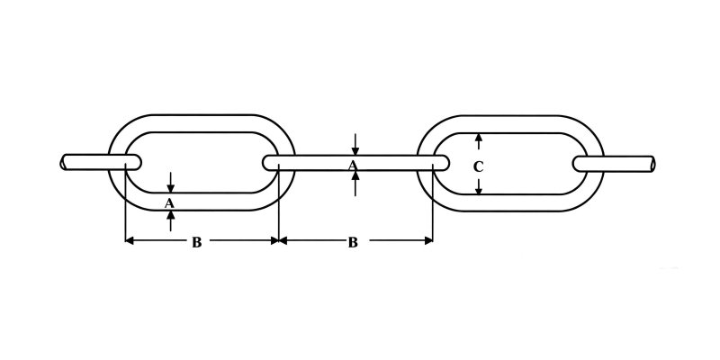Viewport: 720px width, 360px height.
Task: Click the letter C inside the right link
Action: pyautogui.click(x=479, y=167)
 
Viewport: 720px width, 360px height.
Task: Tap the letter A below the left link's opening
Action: pyautogui.click(x=169, y=203)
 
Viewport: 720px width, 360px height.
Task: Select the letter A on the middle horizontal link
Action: pyautogui.click(x=352, y=166)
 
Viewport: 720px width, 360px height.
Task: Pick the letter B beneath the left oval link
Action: pyautogui.click(x=196, y=242)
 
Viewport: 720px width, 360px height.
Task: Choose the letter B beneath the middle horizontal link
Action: pyautogui.click(x=353, y=242)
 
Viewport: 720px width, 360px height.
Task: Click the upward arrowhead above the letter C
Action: pyautogui.click(x=479, y=138)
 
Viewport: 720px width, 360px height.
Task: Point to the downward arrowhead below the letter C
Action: pyautogui.click(x=479, y=190)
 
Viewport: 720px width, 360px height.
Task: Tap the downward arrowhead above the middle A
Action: pyautogui.click(x=355, y=151)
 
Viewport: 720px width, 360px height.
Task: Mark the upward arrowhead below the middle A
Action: pyautogui.click(x=355, y=175)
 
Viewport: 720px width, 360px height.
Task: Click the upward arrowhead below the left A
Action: pyautogui.click(x=170, y=215)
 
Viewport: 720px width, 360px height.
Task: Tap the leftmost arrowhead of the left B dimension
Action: pyautogui.click(x=130, y=240)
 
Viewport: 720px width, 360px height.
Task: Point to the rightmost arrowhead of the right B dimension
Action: pyautogui.click(x=428, y=240)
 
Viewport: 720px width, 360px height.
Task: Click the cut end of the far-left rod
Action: pyautogui.click(x=63, y=163)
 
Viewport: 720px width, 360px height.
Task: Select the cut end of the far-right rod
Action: pyautogui.click(x=652, y=164)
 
